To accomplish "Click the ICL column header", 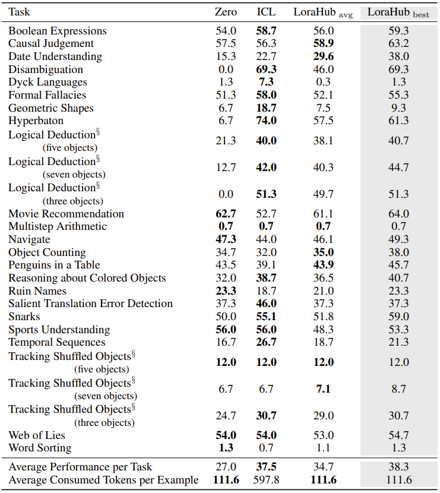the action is click(266, 12).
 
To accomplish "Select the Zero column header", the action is click(226, 12).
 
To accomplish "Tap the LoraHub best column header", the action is click(398, 12).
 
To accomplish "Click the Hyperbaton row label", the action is click(36, 121).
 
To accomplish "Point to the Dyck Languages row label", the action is click(48, 82).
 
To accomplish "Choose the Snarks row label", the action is click(24, 317).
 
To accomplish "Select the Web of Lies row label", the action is click(37, 435).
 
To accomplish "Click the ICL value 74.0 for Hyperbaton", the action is click(266, 121).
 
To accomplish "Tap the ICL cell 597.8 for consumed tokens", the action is click(266, 480).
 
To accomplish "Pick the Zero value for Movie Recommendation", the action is click(226, 214).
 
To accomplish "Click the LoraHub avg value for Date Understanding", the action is click(324, 56).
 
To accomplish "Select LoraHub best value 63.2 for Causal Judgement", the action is click(398, 43).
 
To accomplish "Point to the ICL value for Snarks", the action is click(266, 317).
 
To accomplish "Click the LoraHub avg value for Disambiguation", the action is click(324, 69).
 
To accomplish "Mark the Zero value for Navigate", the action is click(226, 239).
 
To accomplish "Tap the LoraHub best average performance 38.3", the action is click(398, 467).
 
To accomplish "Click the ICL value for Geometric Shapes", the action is click(266, 108).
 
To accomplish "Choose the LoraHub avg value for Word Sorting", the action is click(324, 448).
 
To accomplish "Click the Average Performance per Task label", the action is click(80, 467).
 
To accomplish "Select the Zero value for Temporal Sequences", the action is click(226, 342).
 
